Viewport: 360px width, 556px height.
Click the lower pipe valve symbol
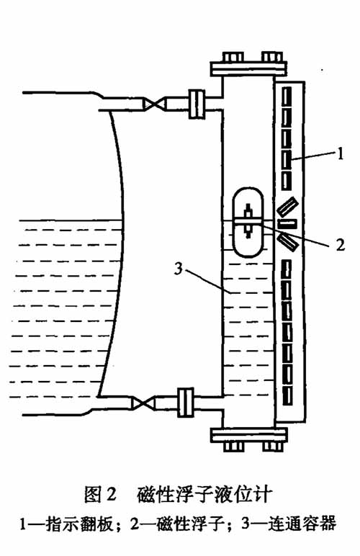point(143,403)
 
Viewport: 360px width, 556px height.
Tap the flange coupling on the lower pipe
point(185,403)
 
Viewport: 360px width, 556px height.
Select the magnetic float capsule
point(248,222)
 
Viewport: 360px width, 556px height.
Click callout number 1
point(340,154)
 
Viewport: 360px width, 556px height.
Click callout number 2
point(340,245)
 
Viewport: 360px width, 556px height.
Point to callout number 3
point(179,269)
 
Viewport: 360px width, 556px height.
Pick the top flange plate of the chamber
point(248,68)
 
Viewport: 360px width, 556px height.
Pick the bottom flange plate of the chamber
point(248,435)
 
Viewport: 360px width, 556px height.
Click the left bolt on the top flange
point(233,57)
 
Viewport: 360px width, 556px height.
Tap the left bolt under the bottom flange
point(234,446)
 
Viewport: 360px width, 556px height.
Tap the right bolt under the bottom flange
point(273,446)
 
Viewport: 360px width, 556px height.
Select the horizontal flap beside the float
point(287,224)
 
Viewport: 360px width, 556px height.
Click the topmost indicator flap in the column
point(287,97)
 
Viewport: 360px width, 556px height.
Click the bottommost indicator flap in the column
point(287,395)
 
